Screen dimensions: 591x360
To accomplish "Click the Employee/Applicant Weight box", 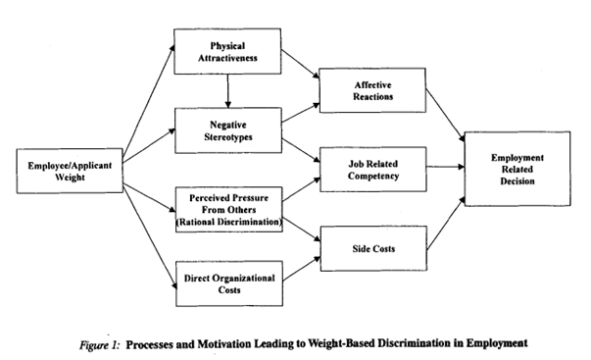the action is (70, 171).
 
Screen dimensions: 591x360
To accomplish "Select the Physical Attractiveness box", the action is (227, 51).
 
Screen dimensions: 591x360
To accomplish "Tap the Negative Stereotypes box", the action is (228, 130).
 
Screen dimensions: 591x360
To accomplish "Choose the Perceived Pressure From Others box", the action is (229, 210).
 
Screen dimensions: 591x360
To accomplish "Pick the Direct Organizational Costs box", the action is (229, 283).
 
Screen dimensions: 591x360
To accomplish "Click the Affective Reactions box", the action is (372, 90).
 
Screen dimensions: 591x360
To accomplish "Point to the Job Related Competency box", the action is (373, 170).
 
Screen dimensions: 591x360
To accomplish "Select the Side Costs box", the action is (373, 248).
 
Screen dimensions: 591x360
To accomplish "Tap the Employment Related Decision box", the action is (517, 169).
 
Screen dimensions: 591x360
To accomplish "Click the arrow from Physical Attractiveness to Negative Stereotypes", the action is (227, 91).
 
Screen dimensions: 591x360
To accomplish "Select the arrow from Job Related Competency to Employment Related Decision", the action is (446, 167).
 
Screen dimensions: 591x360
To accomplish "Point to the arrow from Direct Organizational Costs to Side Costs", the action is (302, 269).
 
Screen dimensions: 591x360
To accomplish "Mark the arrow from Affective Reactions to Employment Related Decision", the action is (445, 116).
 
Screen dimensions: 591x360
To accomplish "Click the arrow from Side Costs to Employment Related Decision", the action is (446, 224).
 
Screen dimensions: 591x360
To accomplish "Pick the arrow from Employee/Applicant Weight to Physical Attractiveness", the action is (149, 99).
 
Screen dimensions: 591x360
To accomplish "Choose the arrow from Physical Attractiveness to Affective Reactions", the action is (300, 64).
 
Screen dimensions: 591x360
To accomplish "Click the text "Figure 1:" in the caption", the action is (100, 345).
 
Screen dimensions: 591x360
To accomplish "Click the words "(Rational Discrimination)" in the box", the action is (229, 222).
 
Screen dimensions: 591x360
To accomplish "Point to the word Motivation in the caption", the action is (223, 344).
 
